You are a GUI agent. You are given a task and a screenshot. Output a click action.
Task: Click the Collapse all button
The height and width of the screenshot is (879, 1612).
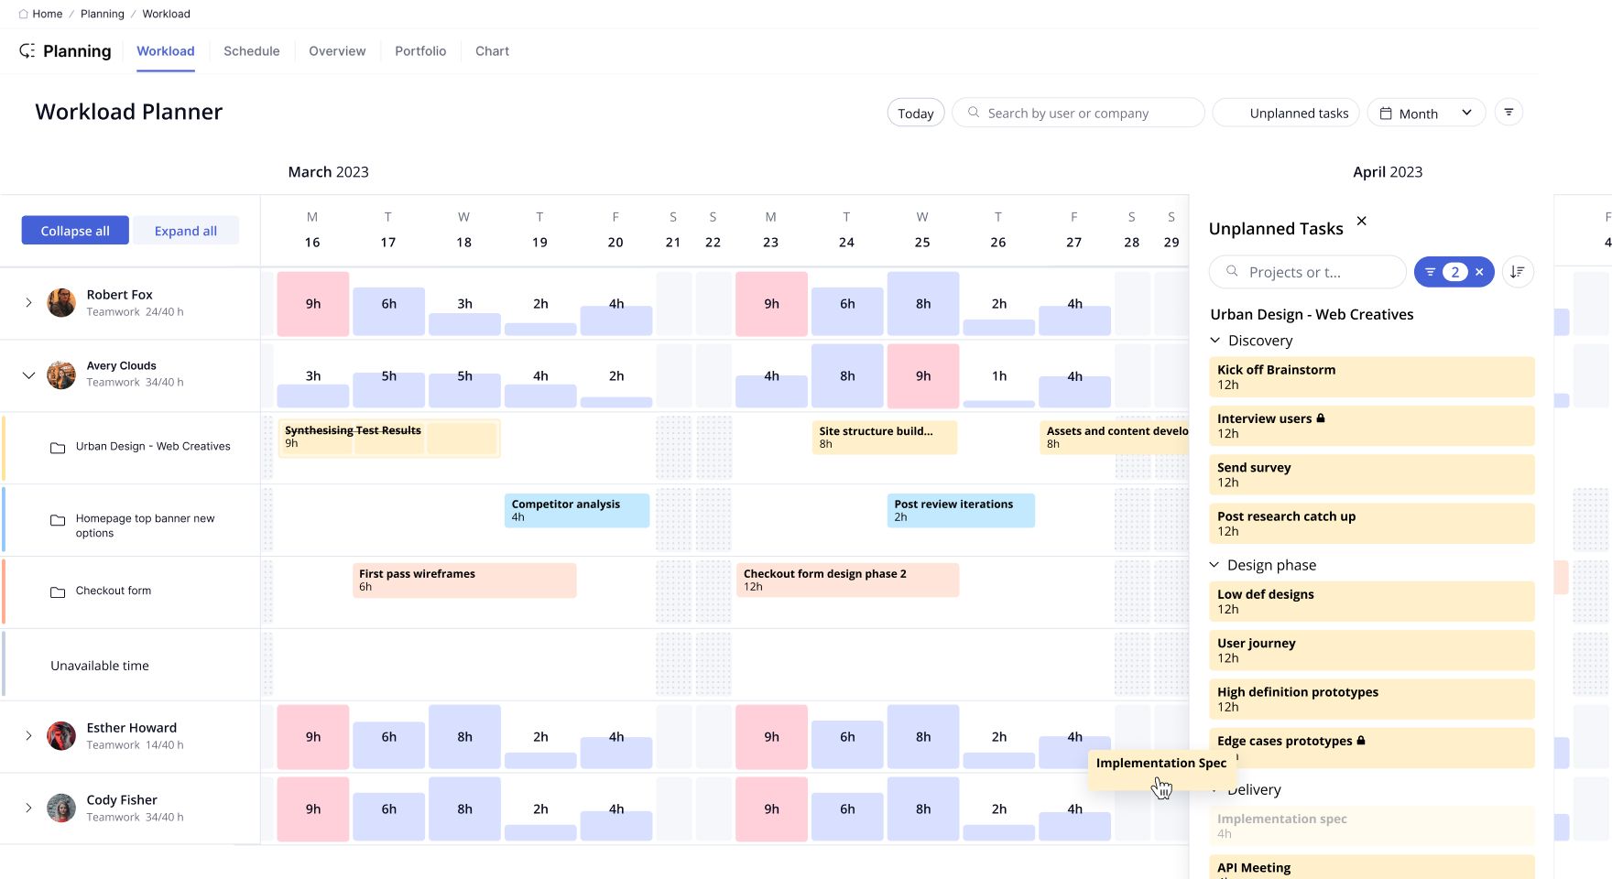pyautogui.click(x=75, y=231)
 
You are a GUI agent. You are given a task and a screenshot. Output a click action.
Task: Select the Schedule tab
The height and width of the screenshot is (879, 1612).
pyautogui.click(x=251, y=51)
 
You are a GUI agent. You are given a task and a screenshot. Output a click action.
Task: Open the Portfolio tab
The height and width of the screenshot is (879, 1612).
pyautogui.click(x=420, y=51)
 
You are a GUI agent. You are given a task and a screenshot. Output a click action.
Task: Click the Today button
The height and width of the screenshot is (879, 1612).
pyautogui.click(x=915, y=114)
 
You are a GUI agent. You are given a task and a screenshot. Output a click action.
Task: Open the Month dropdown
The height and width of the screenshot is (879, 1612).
pyautogui.click(x=1426, y=114)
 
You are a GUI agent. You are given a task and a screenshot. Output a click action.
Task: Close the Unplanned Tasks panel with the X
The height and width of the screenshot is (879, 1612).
pyautogui.click(x=1361, y=221)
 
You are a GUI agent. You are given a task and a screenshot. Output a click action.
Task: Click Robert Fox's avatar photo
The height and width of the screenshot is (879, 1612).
pyautogui.click(x=61, y=302)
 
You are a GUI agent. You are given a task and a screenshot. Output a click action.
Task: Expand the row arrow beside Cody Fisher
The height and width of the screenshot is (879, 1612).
pyautogui.click(x=28, y=808)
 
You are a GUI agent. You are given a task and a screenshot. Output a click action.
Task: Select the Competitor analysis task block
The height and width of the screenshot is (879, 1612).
pyautogui.click(x=576, y=510)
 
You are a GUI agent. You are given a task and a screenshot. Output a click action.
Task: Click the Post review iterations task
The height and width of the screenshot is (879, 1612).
pyautogui.click(x=960, y=510)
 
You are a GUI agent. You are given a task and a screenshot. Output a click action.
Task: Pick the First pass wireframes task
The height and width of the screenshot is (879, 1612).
pyautogui.click(x=463, y=580)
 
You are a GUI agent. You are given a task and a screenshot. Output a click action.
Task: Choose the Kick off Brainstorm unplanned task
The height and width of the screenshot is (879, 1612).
pyautogui.click(x=1370, y=376)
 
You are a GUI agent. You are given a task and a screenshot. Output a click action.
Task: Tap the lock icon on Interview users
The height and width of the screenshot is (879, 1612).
pyautogui.click(x=1321, y=418)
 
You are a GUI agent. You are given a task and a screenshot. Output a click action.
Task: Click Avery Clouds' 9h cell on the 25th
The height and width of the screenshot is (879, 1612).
pyautogui.click(x=922, y=375)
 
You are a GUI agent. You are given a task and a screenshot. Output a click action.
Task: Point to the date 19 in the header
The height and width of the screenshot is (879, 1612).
pyautogui.click(x=539, y=243)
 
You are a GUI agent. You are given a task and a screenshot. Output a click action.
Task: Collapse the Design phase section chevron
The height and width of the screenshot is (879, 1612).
pyautogui.click(x=1214, y=565)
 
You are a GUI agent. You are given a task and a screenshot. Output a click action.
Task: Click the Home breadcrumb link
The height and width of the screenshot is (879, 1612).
pyautogui.click(x=47, y=14)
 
